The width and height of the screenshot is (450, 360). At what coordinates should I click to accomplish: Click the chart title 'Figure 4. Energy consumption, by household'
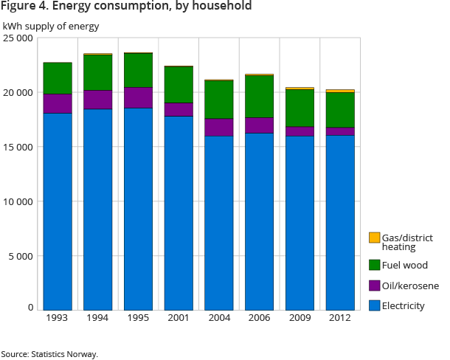(126, 7)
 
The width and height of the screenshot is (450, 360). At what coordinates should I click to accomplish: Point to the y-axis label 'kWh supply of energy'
(51, 27)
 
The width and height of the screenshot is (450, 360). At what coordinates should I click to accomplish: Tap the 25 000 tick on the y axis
(18, 38)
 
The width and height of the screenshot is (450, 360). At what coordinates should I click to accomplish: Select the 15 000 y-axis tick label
(18, 147)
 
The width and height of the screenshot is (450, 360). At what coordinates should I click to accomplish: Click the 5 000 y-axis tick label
(21, 256)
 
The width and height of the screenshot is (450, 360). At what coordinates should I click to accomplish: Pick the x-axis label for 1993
(58, 318)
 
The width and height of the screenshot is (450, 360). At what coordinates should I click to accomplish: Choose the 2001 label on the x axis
(179, 318)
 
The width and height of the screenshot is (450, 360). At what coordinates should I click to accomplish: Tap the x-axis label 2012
(340, 318)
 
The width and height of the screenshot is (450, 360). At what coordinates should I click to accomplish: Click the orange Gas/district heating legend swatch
(374, 238)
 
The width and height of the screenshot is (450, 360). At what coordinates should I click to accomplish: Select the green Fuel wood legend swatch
(374, 265)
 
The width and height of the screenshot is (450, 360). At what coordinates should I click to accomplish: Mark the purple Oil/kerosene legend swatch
(374, 285)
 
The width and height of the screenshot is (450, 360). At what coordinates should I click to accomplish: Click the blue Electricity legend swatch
(374, 305)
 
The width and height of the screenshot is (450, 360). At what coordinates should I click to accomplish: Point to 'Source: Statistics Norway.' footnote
(49, 354)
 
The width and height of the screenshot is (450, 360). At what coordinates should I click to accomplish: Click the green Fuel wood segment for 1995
(138, 70)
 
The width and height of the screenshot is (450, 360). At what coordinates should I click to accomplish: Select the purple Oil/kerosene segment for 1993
(58, 103)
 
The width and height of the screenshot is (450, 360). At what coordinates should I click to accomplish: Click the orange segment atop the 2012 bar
(340, 91)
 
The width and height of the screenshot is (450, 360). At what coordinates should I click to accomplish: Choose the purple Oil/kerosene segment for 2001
(179, 109)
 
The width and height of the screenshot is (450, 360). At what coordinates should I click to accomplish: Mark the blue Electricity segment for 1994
(98, 210)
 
